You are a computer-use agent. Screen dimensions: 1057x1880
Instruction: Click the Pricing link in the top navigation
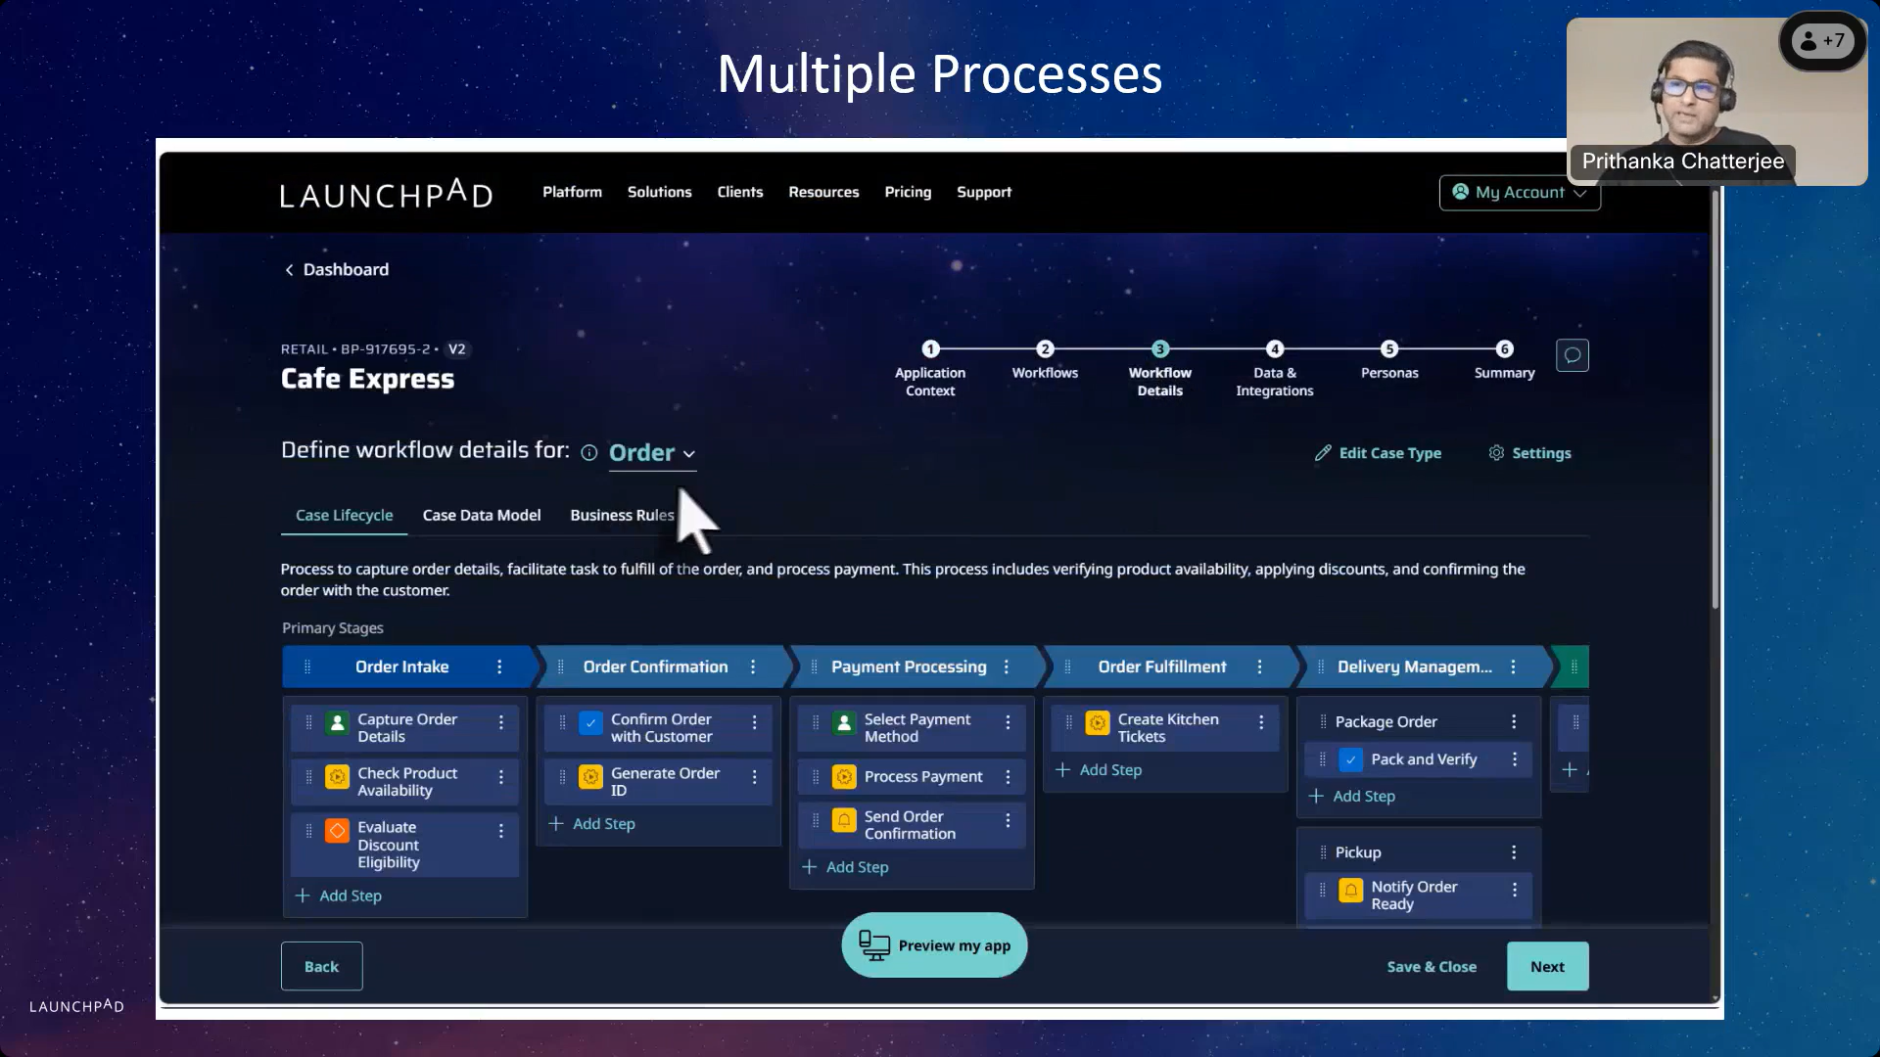coord(908,192)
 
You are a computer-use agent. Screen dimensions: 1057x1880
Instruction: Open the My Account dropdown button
coord(1519,193)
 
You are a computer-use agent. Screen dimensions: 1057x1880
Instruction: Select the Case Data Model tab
coord(481,515)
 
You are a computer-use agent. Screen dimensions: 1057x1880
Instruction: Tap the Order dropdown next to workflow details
coord(652,452)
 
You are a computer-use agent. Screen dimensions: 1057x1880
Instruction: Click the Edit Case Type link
coord(1378,453)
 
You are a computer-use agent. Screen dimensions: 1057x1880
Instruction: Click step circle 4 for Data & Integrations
coord(1274,349)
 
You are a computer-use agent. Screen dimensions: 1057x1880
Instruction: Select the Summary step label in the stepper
coord(1504,373)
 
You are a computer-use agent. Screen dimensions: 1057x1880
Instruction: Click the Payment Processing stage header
coord(909,666)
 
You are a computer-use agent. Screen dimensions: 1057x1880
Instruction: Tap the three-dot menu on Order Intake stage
coord(499,666)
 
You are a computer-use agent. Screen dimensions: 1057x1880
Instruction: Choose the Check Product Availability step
coord(406,781)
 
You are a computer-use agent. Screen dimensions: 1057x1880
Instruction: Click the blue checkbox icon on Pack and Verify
coord(1350,759)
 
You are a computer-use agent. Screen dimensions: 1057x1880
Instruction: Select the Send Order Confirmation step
coord(909,825)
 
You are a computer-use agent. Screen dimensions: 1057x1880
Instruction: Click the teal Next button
coord(1547,966)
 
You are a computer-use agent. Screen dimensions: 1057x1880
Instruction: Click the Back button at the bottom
coord(321,966)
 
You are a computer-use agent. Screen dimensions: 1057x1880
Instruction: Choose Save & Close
coord(1432,966)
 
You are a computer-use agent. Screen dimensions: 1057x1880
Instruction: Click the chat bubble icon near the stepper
coord(1572,355)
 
